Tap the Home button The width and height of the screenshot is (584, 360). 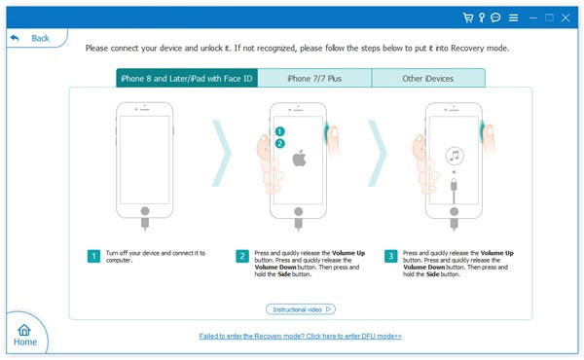[x=25, y=335]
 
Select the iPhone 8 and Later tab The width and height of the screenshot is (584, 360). [x=187, y=78]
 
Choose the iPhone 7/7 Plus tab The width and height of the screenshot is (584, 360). [x=314, y=78]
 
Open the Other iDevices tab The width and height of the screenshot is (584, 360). [x=428, y=78]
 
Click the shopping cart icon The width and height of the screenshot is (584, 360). [x=468, y=18]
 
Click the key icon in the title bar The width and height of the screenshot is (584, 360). [x=482, y=18]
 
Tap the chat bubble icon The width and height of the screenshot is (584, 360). [x=495, y=18]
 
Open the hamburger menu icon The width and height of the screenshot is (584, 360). [x=513, y=18]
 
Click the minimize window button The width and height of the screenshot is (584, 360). [x=533, y=18]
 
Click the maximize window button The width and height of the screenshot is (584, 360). [x=549, y=18]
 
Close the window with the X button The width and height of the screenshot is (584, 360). [x=566, y=18]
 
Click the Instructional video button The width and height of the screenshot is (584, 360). [x=301, y=309]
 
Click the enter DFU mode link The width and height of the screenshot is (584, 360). [x=301, y=337]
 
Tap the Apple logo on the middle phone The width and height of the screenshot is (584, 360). [x=299, y=158]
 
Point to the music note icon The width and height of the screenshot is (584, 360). [x=455, y=156]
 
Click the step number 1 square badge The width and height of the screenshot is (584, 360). [x=93, y=256]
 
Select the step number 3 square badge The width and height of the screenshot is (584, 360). [x=390, y=256]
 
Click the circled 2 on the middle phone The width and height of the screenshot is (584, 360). [x=279, y=144]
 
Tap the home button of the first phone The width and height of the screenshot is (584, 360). [x=145, y=211]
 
